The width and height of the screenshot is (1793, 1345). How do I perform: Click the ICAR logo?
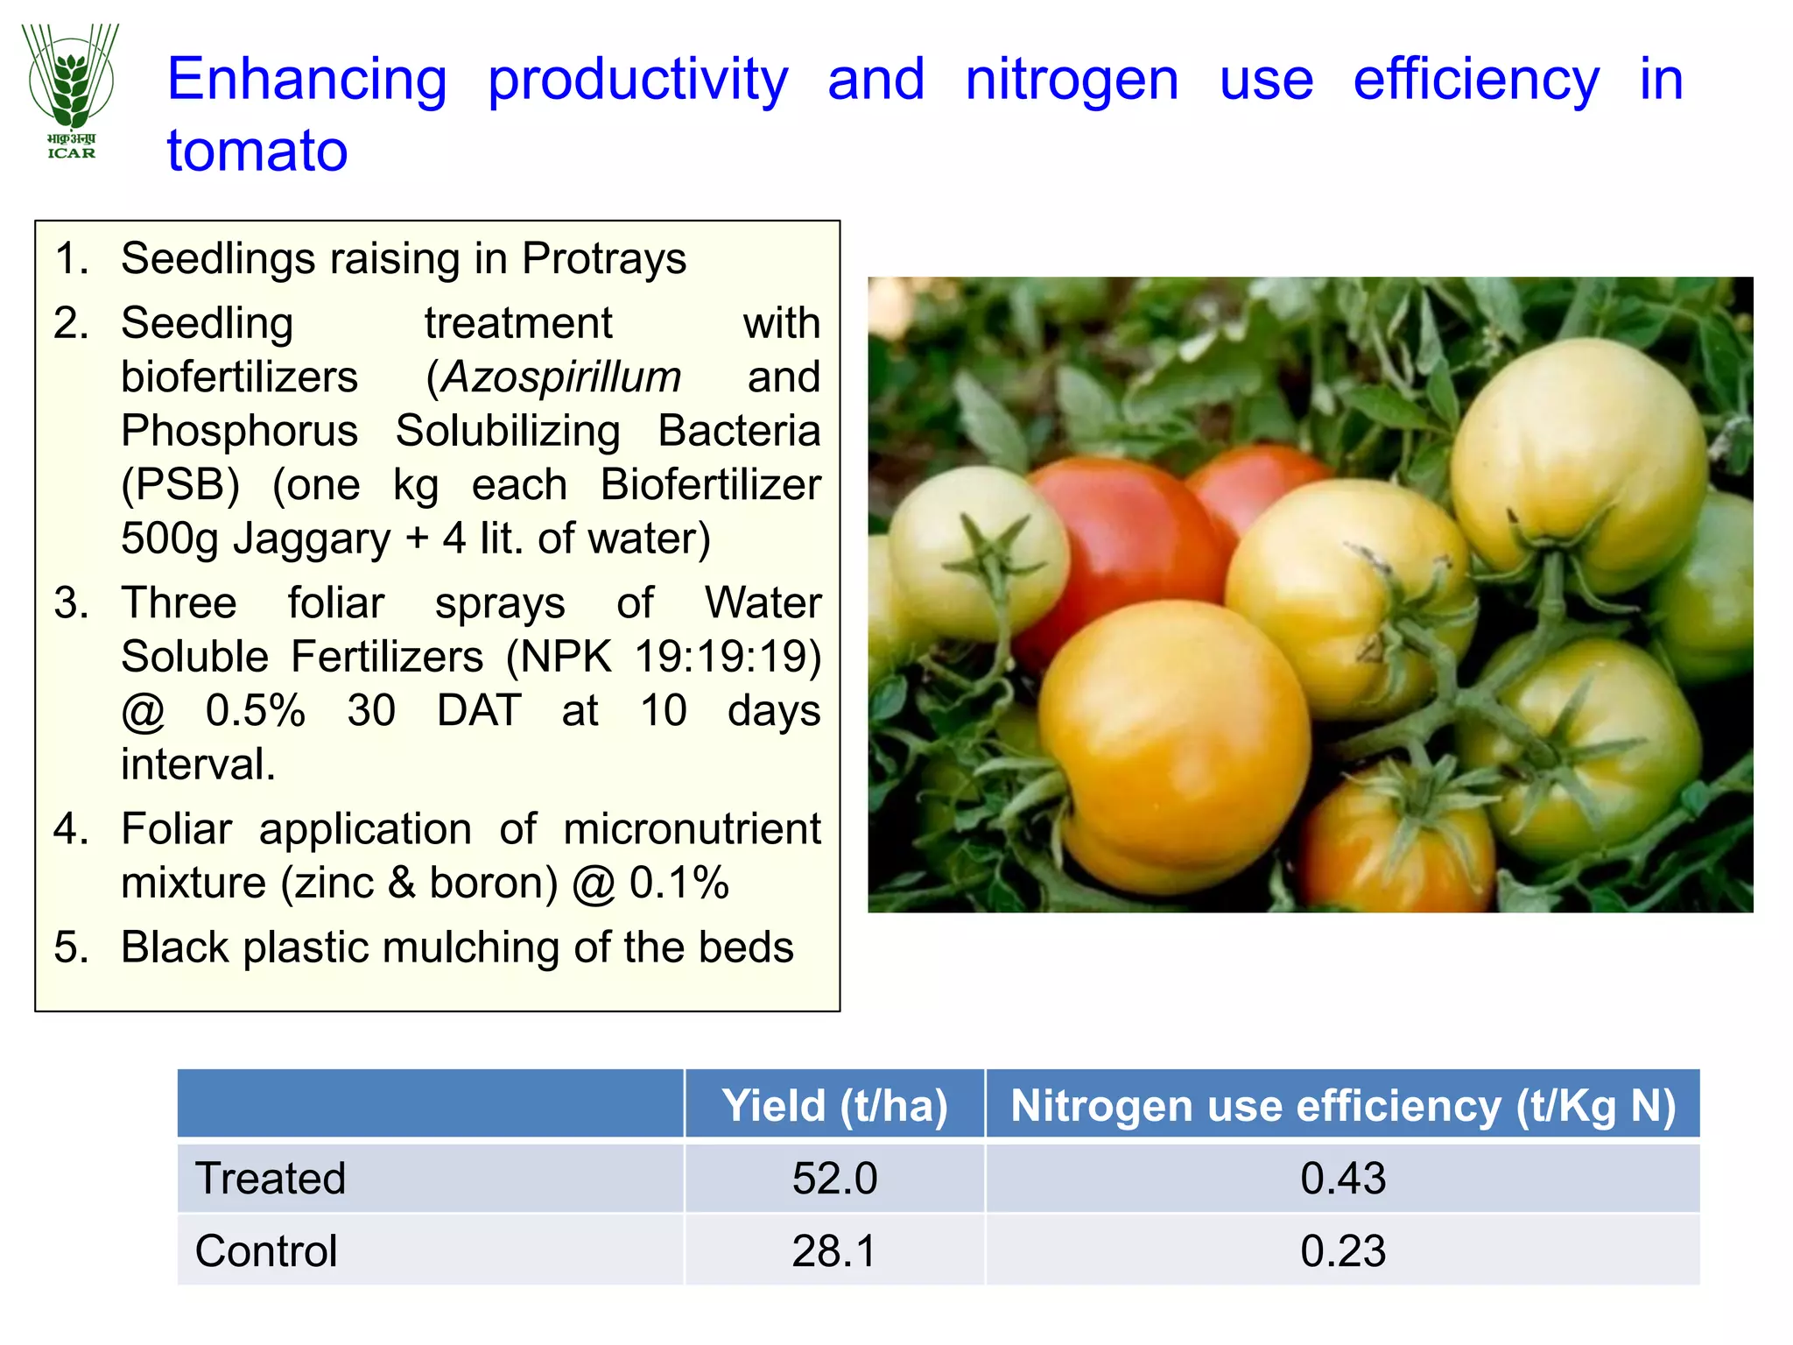[71, 91]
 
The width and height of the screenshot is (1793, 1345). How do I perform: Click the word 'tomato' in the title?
[257, 151]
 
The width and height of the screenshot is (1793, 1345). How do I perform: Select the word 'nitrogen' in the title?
[1072, 80]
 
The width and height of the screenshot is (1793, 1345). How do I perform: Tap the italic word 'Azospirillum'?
[561, 377]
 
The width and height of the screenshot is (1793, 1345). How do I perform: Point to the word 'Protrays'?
[604, 259]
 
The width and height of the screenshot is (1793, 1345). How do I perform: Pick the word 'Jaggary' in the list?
[312, 539]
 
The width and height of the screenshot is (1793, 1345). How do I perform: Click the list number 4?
[69, 829]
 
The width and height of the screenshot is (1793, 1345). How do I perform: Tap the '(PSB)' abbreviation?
[180, 485]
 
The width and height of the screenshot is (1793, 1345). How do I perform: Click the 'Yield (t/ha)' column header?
[834, 1105]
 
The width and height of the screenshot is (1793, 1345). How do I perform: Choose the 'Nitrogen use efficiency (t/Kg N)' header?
[1342, 1105]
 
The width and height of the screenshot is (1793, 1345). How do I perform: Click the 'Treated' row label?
[271, 1179]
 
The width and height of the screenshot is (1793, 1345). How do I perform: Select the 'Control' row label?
[266, 1251]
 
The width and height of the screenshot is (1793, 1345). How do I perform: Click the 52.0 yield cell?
[834, 1179]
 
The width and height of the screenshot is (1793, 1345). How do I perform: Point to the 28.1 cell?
[834, 1251]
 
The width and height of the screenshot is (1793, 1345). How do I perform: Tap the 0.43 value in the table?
[1342, 1179]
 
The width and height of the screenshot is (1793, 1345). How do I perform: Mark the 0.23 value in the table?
[1342, 1251]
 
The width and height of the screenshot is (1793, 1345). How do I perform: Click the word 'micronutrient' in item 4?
[692, 829]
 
